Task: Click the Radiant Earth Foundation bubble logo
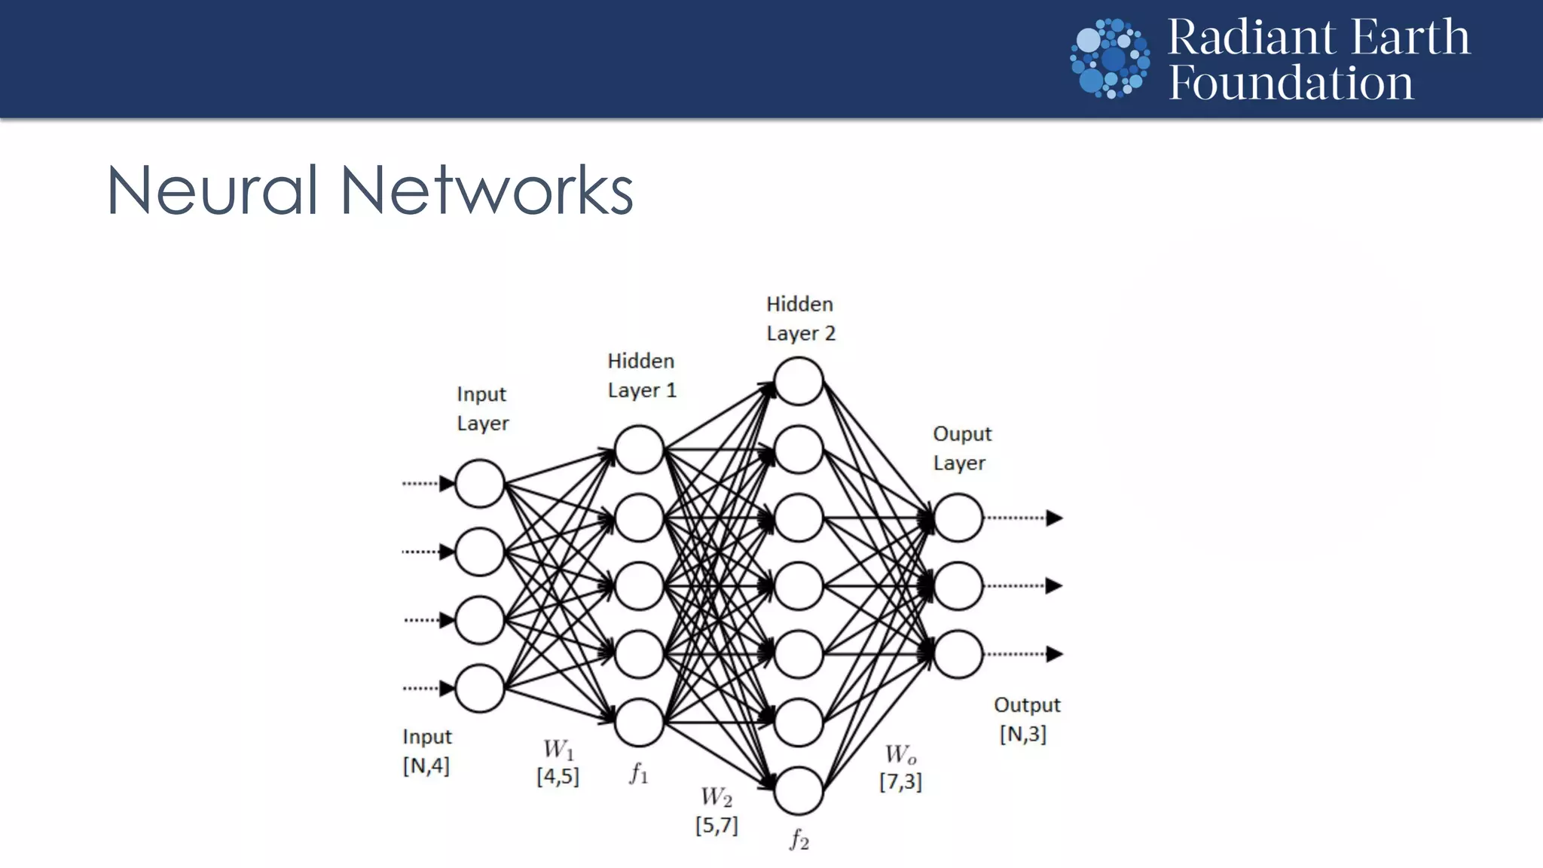[1110, 58]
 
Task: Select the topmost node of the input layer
[479, 483]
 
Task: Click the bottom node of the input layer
[479, 688]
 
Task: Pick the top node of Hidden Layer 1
[639, 450]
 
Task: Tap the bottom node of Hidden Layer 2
[799, 790]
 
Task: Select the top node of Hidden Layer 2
[799, 381]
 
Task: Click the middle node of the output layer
[958, 585]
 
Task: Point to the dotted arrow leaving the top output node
[1025, 518]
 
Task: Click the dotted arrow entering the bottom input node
[428, 688]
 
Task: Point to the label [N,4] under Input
[426, 766]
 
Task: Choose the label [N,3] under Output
[1022, 734]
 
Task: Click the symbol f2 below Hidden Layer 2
[799, 839]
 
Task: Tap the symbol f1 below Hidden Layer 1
[639, 772]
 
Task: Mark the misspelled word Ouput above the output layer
[962, 434]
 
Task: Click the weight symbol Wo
[900, 754]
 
